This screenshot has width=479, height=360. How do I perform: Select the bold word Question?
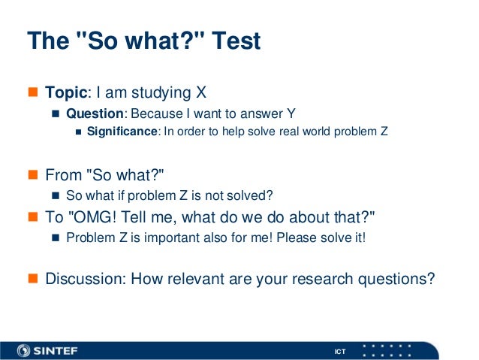[x=95, y=113]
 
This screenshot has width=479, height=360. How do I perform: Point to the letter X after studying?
[x=200, y=92]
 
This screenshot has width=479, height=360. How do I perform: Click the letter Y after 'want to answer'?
[x=291, y=113]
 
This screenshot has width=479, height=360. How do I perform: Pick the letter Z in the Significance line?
[x=384, y=132]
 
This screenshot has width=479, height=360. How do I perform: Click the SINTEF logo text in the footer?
[x=57, y=349]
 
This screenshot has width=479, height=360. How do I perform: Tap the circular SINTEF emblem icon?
[x=24, y=349]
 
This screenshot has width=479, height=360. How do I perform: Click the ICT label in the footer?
[x=340, y=352]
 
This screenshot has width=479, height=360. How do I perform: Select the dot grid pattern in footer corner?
[x=386, y=349]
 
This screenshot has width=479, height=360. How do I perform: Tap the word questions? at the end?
[x=398, y=278]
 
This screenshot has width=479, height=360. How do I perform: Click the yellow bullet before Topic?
[x=32, y=93]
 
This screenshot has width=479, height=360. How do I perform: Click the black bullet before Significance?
[x=79, y=132]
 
